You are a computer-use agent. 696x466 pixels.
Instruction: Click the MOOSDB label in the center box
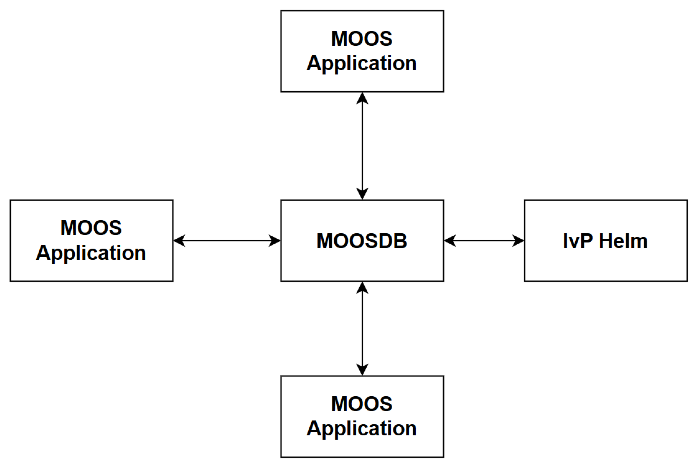[362, 241]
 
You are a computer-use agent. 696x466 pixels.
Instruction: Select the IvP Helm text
[605, 241]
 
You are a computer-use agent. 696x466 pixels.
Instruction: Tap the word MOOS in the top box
[362, 39]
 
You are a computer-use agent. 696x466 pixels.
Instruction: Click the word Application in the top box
[362, 63]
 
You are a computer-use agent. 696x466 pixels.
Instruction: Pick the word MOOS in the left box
[91, 228]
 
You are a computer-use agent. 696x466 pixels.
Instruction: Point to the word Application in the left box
[91, 253]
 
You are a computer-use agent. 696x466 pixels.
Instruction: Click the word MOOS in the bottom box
[362, 404]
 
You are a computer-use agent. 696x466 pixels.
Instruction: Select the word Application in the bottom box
[362, 429]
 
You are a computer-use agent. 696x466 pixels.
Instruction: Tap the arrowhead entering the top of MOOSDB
[362, 194]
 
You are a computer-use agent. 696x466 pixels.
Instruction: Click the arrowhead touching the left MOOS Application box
[179, 241]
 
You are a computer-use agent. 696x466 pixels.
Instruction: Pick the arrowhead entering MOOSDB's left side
[275, 241]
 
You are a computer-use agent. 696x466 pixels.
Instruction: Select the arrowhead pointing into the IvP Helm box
[518, 241]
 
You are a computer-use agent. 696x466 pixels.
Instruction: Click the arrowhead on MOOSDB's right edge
[450, 241]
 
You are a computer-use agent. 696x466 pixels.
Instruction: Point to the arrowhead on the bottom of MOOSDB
[362, 288]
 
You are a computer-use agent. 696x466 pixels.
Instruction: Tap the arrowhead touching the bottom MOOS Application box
[362, 370]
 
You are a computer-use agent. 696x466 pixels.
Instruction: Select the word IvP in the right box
[578, 241]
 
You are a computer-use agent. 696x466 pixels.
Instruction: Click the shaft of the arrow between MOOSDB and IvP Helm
[484, 241]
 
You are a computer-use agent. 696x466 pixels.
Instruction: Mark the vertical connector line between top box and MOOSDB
[362, 146]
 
